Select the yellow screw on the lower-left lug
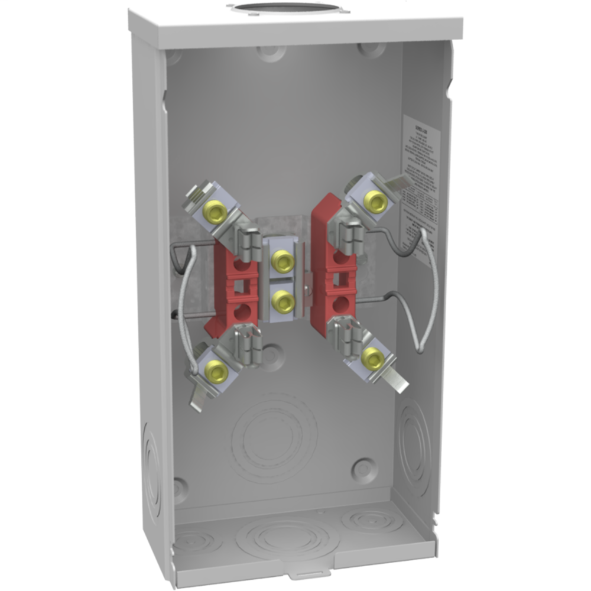tap(215, 372)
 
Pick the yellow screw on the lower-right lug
tap(372, 358)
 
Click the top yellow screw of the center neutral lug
tap(283, 259)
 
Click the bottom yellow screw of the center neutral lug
tap(283, 301)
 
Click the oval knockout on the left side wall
tap(151, 473)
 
